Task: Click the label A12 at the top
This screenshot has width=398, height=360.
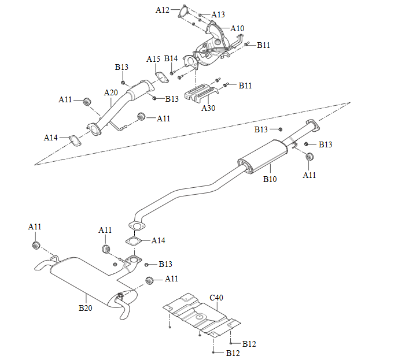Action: (163, 10)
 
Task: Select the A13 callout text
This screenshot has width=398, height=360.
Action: (218, 14)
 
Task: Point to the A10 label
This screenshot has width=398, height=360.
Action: (237, 28)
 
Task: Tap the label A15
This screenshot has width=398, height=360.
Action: (153, 60)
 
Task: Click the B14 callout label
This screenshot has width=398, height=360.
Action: (171, 59)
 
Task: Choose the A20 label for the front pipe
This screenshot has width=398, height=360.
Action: (111, 92)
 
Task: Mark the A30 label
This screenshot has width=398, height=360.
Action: (208, 107)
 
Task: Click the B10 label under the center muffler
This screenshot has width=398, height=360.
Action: (270, 179)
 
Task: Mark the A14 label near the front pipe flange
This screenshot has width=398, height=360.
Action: (51, 138)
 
